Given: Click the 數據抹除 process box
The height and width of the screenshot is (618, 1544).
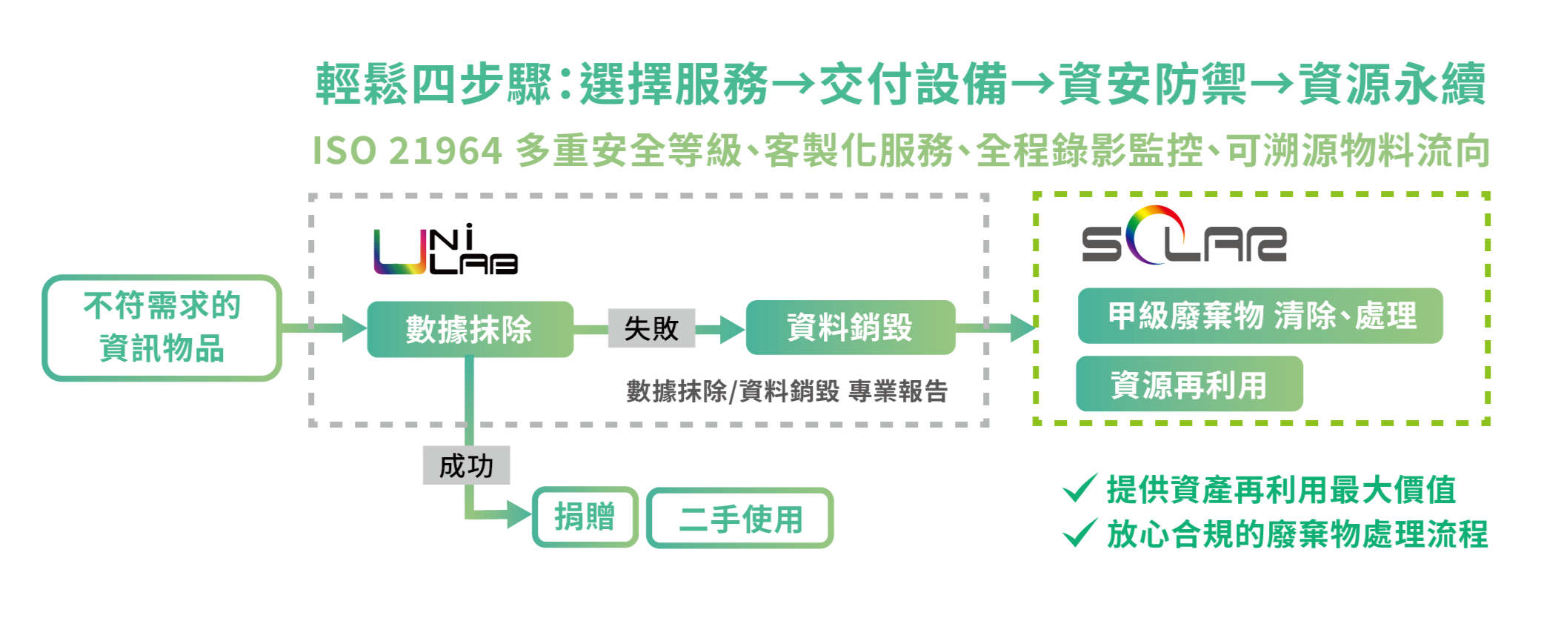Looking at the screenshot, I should pyautogui.click(x=470, y=329).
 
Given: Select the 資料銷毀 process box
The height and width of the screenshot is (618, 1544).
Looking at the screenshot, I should pyautogui.click(x=850, y=328).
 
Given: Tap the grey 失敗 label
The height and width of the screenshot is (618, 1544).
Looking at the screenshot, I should pyautogui.click(x=651, y=328).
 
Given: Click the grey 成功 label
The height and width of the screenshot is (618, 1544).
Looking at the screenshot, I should pyautogui.click(x=466, y=465).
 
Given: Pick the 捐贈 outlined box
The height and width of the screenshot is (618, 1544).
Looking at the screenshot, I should pyautogui.click(x=585, y=516).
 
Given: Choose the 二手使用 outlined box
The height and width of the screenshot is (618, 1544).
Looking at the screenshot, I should pyautogui.click(x=740, y=518).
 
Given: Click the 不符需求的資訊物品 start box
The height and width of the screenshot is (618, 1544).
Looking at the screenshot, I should pyautogui.click(x=162, y=328).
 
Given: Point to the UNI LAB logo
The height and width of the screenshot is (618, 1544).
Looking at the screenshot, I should pyautogui.click(x=445, y=250).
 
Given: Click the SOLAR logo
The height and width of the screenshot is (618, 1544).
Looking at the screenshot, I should pyautogui.click(x=1183, y=237).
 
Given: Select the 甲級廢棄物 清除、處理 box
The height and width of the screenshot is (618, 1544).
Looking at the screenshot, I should pyautogui.click(x=1260, y=316).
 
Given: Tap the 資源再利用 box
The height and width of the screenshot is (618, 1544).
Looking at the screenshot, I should pyautogui.click(x=1188, y=384).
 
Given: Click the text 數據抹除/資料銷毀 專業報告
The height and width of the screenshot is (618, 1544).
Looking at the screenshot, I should pyautogui.click(x=786, y=391).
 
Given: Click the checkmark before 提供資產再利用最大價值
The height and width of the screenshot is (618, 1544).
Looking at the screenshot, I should pyautogui.click(x=1079, y=488).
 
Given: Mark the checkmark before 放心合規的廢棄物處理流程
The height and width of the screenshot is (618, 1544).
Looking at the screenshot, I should pyautogui.click(x=1079, y=532).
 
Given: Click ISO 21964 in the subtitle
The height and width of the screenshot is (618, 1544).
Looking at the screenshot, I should pyautogui.click(x=407, y=151).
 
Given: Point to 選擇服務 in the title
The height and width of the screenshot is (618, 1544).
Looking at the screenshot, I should pyautogui.click(x=673, y=84).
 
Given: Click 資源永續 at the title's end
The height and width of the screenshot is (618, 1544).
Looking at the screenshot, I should pyautogui.click(x=1392, y=84).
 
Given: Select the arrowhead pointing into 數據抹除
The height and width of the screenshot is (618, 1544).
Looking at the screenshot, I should pyautogui.click(x=354, y=328).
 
